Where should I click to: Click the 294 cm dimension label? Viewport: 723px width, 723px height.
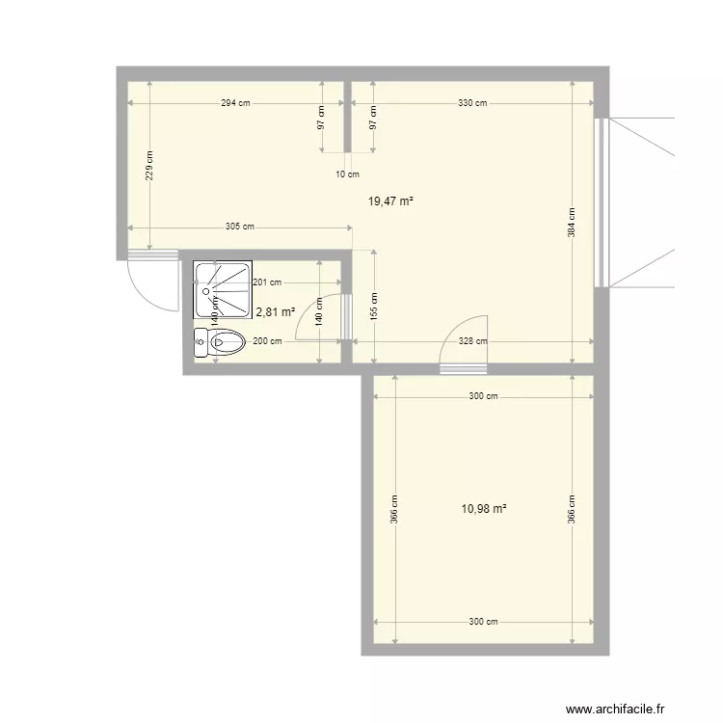236,103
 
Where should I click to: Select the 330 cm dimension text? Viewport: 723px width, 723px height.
471,103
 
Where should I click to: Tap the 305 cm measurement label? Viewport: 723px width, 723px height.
240,228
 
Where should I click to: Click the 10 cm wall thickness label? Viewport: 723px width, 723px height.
347,174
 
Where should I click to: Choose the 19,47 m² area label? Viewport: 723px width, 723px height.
390,201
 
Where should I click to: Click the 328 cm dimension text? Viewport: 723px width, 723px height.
471,341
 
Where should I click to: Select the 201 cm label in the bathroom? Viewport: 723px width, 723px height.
267,282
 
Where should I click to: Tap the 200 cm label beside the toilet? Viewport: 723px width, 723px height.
267,341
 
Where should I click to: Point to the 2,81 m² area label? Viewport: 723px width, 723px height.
275,311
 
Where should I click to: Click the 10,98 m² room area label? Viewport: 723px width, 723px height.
484,509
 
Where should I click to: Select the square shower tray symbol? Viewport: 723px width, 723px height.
223,290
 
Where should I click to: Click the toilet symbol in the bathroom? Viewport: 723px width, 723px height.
219,342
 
